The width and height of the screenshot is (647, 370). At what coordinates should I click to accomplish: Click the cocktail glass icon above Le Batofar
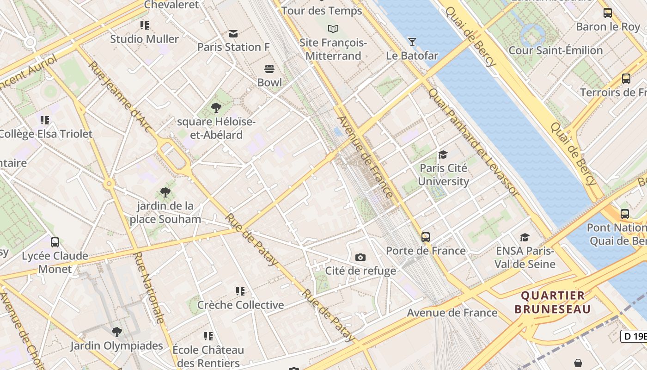[412, 42]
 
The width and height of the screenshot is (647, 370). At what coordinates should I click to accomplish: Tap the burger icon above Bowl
[269, 69]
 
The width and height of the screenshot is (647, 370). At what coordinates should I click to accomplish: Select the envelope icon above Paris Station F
[233, 34]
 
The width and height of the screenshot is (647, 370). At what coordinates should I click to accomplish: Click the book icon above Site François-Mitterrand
[333, 29]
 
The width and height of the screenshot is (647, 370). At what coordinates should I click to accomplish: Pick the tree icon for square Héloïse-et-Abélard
[216, 108]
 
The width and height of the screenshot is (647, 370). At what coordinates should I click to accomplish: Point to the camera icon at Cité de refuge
[360, 257]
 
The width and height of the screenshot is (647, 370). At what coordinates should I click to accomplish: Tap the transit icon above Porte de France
[426, 237]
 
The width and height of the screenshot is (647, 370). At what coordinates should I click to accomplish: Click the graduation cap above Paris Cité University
[443, 154]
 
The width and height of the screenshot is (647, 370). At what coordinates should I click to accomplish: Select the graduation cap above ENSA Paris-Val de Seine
[525, 237]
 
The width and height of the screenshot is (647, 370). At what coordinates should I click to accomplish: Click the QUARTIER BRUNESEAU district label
[553, 302]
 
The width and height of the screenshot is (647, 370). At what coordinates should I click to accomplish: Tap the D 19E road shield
[634, 336]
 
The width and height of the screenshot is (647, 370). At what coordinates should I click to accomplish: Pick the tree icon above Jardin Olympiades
[117, 332]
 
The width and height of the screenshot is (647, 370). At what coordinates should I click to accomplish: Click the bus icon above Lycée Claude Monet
[55, 242]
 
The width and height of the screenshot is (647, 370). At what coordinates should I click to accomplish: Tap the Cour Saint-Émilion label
[555, 50]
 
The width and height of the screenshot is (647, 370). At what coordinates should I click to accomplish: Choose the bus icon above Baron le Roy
[608, 13]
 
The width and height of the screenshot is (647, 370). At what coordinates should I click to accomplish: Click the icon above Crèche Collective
[240, 291]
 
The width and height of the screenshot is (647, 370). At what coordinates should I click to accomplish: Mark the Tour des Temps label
[322, 11]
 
